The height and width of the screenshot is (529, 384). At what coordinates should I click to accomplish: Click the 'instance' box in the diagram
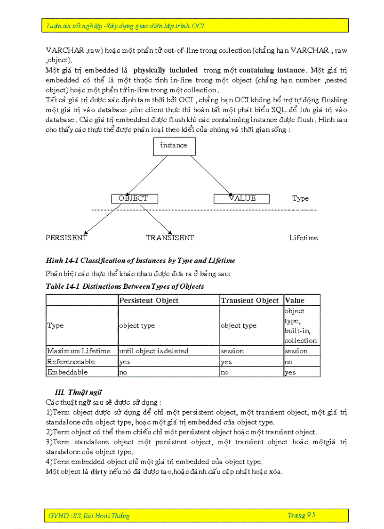pyautogui.click(x=174, y=146)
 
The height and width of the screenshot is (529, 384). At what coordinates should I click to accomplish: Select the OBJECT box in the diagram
pyautogui.click(x=134, y=199)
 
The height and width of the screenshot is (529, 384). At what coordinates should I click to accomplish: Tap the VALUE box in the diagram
pyautogui.click(x=241, y=199)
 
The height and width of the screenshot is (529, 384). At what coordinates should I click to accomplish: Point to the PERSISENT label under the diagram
pyautogui.click(x=66, y=238)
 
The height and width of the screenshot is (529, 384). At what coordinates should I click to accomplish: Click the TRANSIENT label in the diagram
pyautogui.click(x=169, y=238)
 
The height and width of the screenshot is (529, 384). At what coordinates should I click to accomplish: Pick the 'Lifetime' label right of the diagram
pyautogui.click(x=303, y=238)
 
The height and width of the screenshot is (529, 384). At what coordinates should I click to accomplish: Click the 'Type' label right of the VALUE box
pyautogui.click(x=300, y=198)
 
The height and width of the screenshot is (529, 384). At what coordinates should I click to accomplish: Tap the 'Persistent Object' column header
pyautogui.click(x=149, y=301)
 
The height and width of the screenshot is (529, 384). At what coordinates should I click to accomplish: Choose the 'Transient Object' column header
pyautogui.click(x=250, y=301)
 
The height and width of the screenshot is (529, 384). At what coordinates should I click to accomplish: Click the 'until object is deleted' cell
pyautogui.click(x=153, y=351)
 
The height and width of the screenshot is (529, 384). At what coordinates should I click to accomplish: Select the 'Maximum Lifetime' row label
pyautogui.click(x=79, y=351)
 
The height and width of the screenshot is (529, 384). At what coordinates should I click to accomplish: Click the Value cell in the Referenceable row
pyautogui.click(x=301, y=362)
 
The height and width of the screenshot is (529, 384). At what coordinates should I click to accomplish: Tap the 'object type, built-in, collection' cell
pyautogui.click(x=301, y=326)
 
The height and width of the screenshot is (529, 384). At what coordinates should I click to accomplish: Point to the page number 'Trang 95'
pyautogui.click(x=301, y=515)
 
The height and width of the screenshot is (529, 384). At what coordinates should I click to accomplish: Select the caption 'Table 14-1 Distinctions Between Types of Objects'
pyautogui.click(x=125, y=286)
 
